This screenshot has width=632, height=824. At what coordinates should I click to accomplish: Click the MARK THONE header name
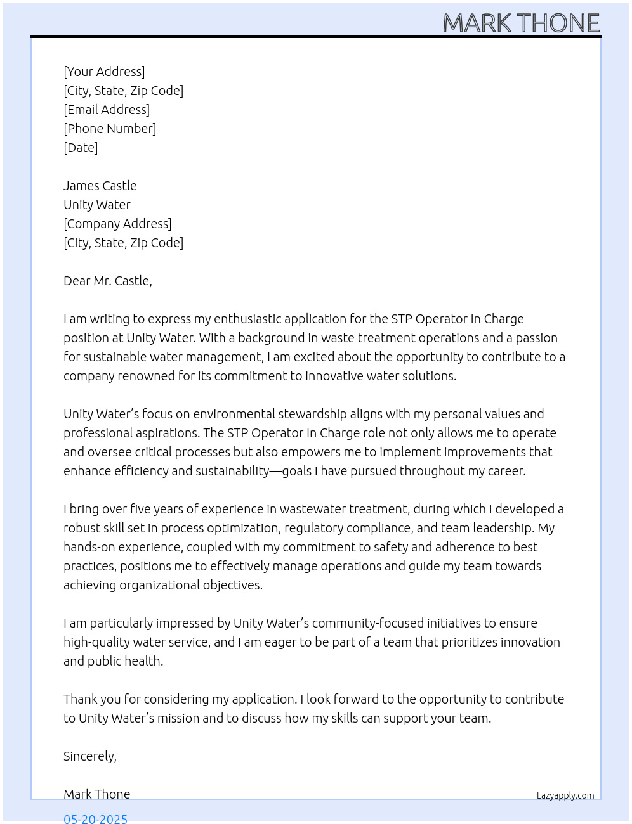tap(521, 23)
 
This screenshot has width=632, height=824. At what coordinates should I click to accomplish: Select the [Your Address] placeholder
tap(104, 72)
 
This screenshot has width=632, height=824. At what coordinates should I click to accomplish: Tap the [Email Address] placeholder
tap(107, 110)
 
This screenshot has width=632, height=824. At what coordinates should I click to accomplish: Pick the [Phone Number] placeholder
tap(110, 129)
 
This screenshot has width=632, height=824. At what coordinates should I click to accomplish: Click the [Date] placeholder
tap(81, 148)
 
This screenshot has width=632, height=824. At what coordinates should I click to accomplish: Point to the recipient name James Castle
tap(100, 186)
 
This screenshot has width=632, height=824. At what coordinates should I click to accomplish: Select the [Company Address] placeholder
tap(117, 224)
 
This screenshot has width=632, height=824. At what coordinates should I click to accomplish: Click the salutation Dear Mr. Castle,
tap(108, 281)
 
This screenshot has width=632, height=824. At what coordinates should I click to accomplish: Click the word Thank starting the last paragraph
tap(80, 699)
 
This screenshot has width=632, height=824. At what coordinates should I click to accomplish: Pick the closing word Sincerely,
tap(90, 756)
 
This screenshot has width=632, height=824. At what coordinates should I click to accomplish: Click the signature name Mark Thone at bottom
tap(97, 794)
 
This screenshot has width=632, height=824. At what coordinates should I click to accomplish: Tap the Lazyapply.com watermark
tap(565, 795)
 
